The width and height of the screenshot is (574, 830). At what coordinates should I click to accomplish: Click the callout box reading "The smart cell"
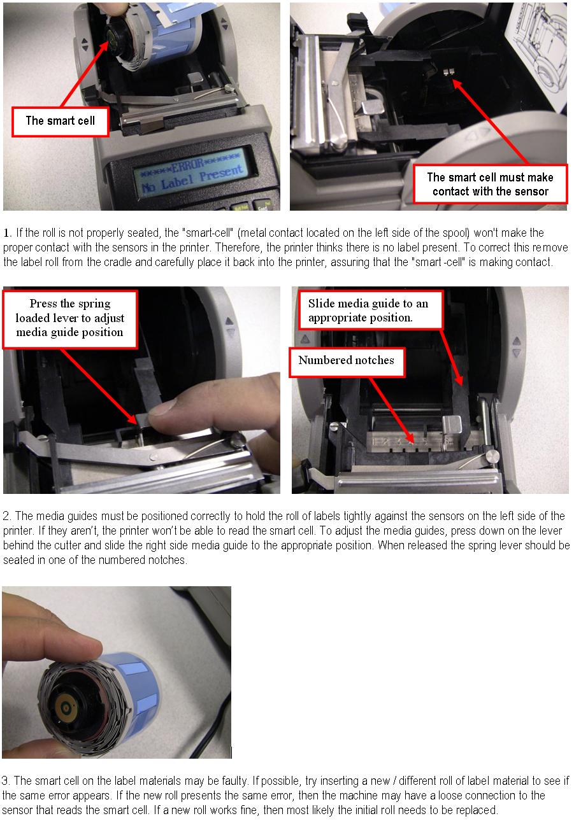[x=61, y=122]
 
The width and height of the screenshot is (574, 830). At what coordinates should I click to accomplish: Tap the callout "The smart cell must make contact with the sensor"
[x=490, y=184]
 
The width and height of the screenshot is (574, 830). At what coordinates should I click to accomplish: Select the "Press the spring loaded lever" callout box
[x=69, y=319]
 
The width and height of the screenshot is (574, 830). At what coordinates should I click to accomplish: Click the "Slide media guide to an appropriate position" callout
[x=370, y=311]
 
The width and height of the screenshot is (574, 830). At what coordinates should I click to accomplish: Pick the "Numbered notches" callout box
[x=347, y=362]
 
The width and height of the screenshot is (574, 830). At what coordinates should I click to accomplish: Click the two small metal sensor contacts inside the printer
[x=449, y=71]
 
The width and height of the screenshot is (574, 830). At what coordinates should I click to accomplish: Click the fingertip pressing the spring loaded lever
[x=163, y=409]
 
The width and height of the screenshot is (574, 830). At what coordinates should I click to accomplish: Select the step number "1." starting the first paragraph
[x=8, y=233]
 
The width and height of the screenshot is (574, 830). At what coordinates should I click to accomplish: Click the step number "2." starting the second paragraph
[x=7, y=516]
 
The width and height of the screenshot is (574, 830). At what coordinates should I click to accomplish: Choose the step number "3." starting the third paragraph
[x=6, y=781]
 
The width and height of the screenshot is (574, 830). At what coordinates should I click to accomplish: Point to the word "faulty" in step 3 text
[x=234, y=781]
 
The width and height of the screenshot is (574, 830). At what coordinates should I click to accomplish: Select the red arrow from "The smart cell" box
[x=85, y=74]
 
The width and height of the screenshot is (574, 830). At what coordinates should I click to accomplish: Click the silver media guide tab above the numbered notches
[x=452, y=424]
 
